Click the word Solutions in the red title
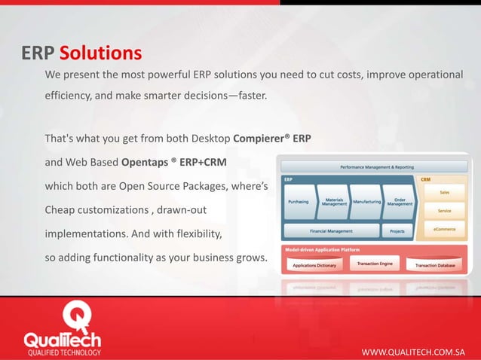pos(100,54)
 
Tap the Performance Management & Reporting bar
pos(376,166)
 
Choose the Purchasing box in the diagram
pos(298,202)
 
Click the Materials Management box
pos(334,202)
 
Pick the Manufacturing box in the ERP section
pos(366,202)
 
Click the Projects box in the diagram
pos(397,230)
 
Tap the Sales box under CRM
pos(445,193)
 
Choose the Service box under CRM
pos(445,211)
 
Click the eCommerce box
pos(445,229)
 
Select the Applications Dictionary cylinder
pos(314,266)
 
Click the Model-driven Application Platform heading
pos(322,249)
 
